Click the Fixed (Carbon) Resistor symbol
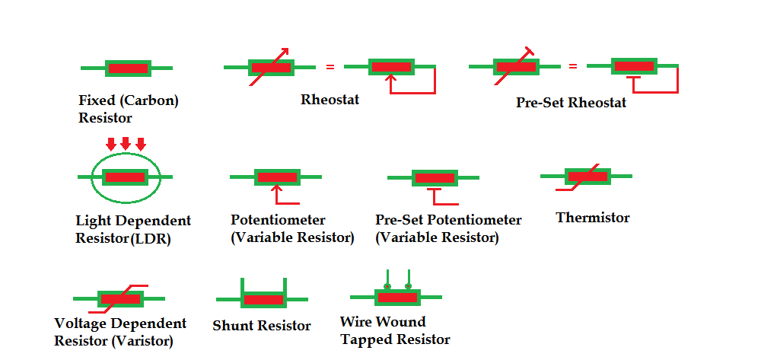pos(127,68)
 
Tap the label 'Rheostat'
pos(330,100)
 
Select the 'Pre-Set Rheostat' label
pos(571,103)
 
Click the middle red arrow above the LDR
pos(126,143)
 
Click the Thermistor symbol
pos(587,177)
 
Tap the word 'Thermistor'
pos(592,218)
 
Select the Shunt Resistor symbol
pos(263,298)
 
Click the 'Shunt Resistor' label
pos(262,326)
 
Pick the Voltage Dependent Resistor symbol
pos(119,298)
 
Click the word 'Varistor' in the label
pos(144,340)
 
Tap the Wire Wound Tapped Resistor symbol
pos(397,297)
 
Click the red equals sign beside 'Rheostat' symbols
pos(330,68)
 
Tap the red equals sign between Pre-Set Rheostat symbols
pos(572,66)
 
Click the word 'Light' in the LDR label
pos(92,221)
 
